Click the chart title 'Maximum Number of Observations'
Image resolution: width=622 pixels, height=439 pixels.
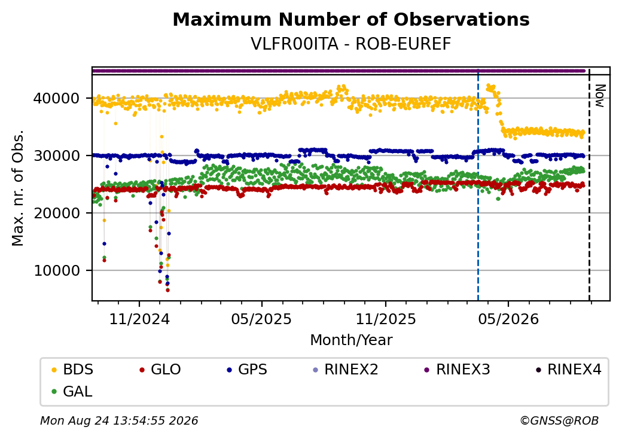(x=351, y=19)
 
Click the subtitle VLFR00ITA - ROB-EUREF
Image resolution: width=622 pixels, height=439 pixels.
(x=351, y=44)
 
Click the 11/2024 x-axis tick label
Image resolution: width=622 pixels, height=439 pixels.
(x=139, y=319)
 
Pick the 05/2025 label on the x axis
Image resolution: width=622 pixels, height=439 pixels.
(x=261, y=319)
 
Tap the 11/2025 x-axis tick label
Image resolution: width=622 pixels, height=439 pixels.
(x=386, y=319)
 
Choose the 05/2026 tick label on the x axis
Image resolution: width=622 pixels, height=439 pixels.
(x=508, y=319)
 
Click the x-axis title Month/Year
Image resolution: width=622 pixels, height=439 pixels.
(x=351, y=340)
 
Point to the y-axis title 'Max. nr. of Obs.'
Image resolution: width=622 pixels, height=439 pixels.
(x=18, y=188)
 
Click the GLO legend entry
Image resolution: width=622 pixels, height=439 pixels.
(x=160, y=370)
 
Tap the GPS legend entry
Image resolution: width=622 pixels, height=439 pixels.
(x=247, y=370)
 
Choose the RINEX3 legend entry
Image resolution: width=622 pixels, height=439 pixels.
(x=457, y=370)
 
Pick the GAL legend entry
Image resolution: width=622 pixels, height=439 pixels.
(x=72, y=392)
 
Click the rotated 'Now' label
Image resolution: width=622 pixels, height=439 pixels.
(x=600, y=96)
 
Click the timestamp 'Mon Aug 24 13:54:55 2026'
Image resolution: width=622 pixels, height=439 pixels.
(x=119, y=420)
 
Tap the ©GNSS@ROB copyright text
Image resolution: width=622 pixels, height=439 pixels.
(x=559, y=420)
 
